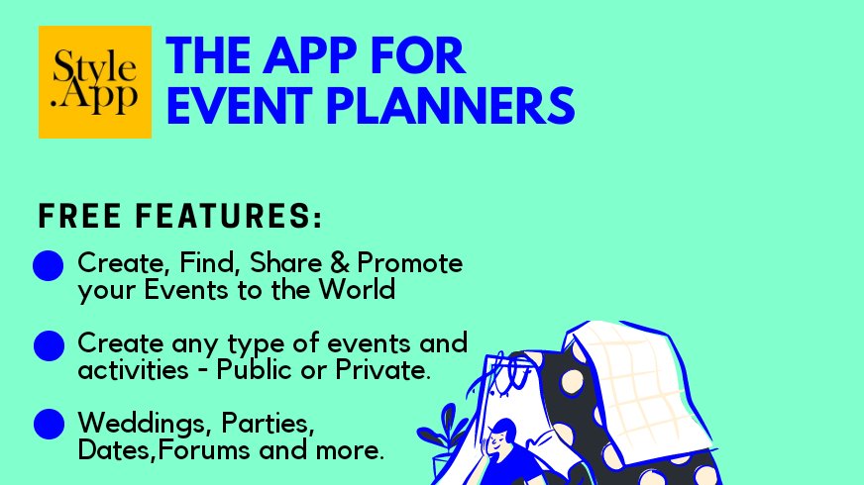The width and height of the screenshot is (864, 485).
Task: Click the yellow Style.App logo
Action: tap(94, 82)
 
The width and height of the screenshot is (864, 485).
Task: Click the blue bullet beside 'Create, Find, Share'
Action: tap(49, 266)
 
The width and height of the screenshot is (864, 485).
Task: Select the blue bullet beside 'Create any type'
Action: tap(49, 345)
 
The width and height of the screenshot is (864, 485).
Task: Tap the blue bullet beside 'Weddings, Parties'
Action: tap(49, 424)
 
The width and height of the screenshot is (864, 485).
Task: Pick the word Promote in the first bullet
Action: tap(410, 264)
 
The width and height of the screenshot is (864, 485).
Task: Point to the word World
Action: tap(362, 290)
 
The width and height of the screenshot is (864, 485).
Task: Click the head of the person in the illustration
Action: tap(502, 433)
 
